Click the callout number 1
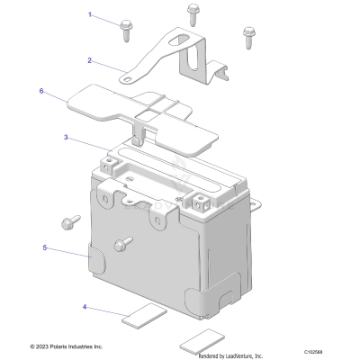pos(90,15)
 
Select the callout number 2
pos(90,61)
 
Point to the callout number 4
pos(85,307)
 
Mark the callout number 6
pos(41,91)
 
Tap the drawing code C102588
pos(338,352)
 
